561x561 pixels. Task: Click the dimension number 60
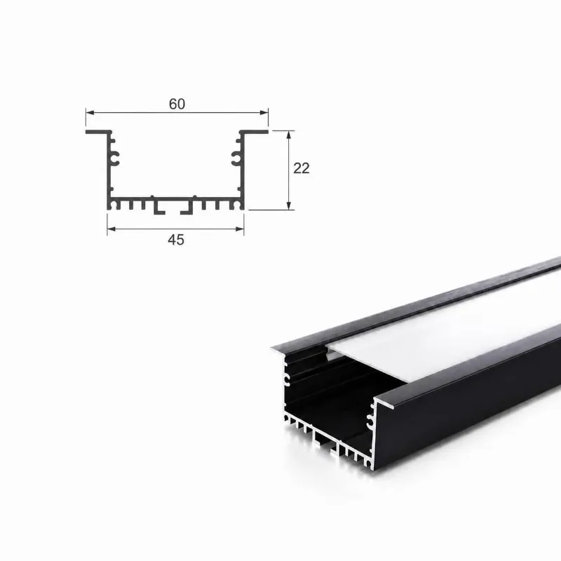point(177,104)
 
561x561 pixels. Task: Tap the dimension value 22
point(302,168)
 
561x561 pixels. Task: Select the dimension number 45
point(176,240)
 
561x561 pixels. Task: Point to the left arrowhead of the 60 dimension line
point(90,113)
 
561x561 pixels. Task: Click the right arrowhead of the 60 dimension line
point(264,113)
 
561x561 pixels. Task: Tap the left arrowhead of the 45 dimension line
point(111,229)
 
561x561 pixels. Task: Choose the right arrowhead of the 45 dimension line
point(240,229)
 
